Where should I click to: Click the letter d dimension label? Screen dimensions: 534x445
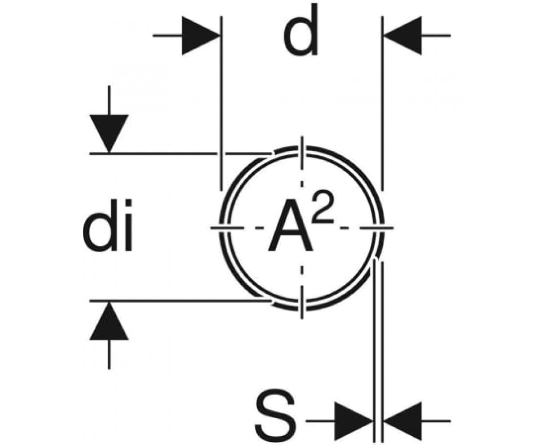point(301,30)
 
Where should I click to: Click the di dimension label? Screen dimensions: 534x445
point(108,225)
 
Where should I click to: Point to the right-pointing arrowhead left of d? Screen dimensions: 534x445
point(201,36)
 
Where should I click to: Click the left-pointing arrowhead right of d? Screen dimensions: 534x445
point(403,36)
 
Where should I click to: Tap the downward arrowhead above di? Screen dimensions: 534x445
point(109,133)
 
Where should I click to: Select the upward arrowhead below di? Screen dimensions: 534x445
point(109,321)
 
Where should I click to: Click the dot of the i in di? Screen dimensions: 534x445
point(128,205)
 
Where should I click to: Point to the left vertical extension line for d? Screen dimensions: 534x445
point(222,103)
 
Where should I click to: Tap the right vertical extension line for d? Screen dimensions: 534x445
point(382,103)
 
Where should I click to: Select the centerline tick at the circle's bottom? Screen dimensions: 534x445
point(302,302)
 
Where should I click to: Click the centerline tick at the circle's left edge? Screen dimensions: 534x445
point(227,227)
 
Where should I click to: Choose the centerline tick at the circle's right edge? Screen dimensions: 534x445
point(376,227)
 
